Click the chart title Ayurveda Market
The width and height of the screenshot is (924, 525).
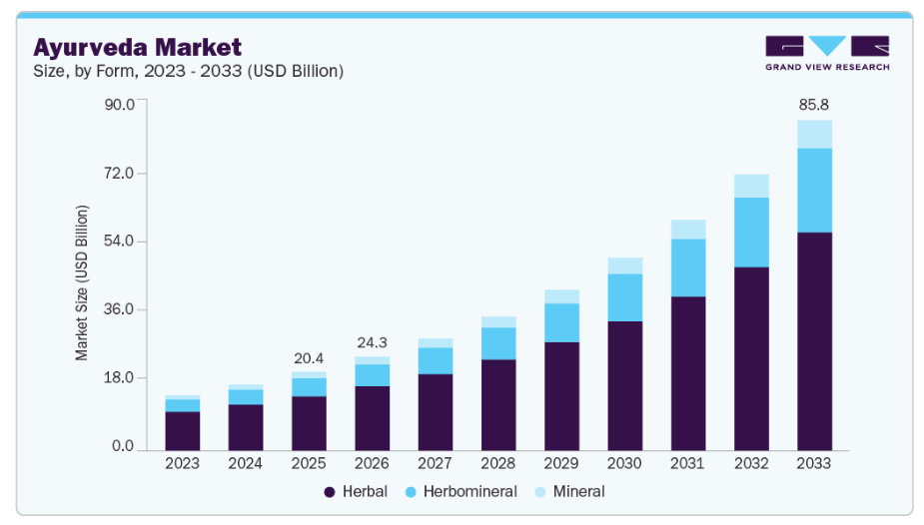138,47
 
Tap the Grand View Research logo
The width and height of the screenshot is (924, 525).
826,53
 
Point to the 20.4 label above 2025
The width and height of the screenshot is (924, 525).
309,358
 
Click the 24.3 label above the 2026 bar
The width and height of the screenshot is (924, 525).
372,342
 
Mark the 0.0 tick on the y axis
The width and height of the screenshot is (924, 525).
123,446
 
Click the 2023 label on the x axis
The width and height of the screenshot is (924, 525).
182,464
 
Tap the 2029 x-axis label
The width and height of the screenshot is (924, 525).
561,464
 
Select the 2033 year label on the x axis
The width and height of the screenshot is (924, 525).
814,464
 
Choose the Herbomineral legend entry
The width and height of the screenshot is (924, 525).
460,491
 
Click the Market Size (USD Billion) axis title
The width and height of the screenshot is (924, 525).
83,282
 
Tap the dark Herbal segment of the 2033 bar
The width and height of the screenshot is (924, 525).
814,340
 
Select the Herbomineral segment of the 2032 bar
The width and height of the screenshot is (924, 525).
751,232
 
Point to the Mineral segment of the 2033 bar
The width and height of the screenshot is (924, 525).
814,134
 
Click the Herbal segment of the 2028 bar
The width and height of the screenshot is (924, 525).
498,404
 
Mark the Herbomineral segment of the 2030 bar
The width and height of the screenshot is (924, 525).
625,297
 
